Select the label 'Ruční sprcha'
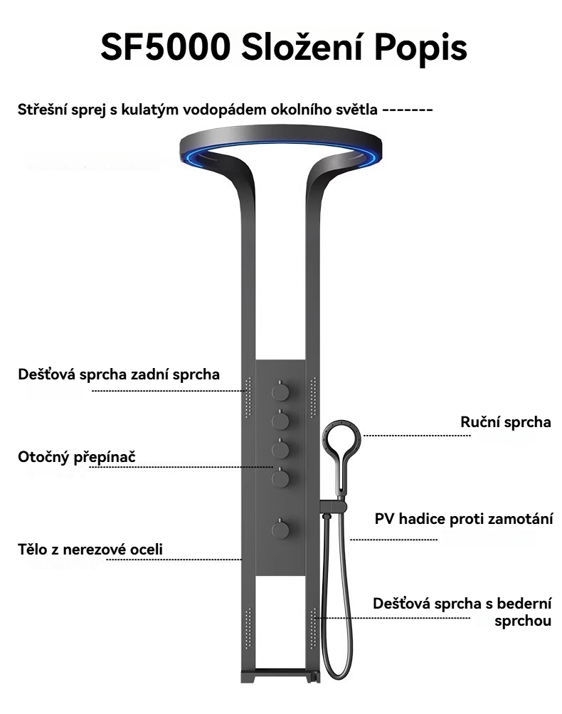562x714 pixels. click(x=506, y=422)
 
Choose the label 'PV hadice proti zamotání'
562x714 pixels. click(x=464, y=518)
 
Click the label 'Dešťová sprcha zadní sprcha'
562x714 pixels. click(x=119, y=374)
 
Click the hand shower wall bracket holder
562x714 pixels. click(x=333, y=506)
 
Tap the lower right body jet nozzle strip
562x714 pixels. click(x=312, y=626)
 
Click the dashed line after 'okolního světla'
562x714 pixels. click(x=408, y=110)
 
